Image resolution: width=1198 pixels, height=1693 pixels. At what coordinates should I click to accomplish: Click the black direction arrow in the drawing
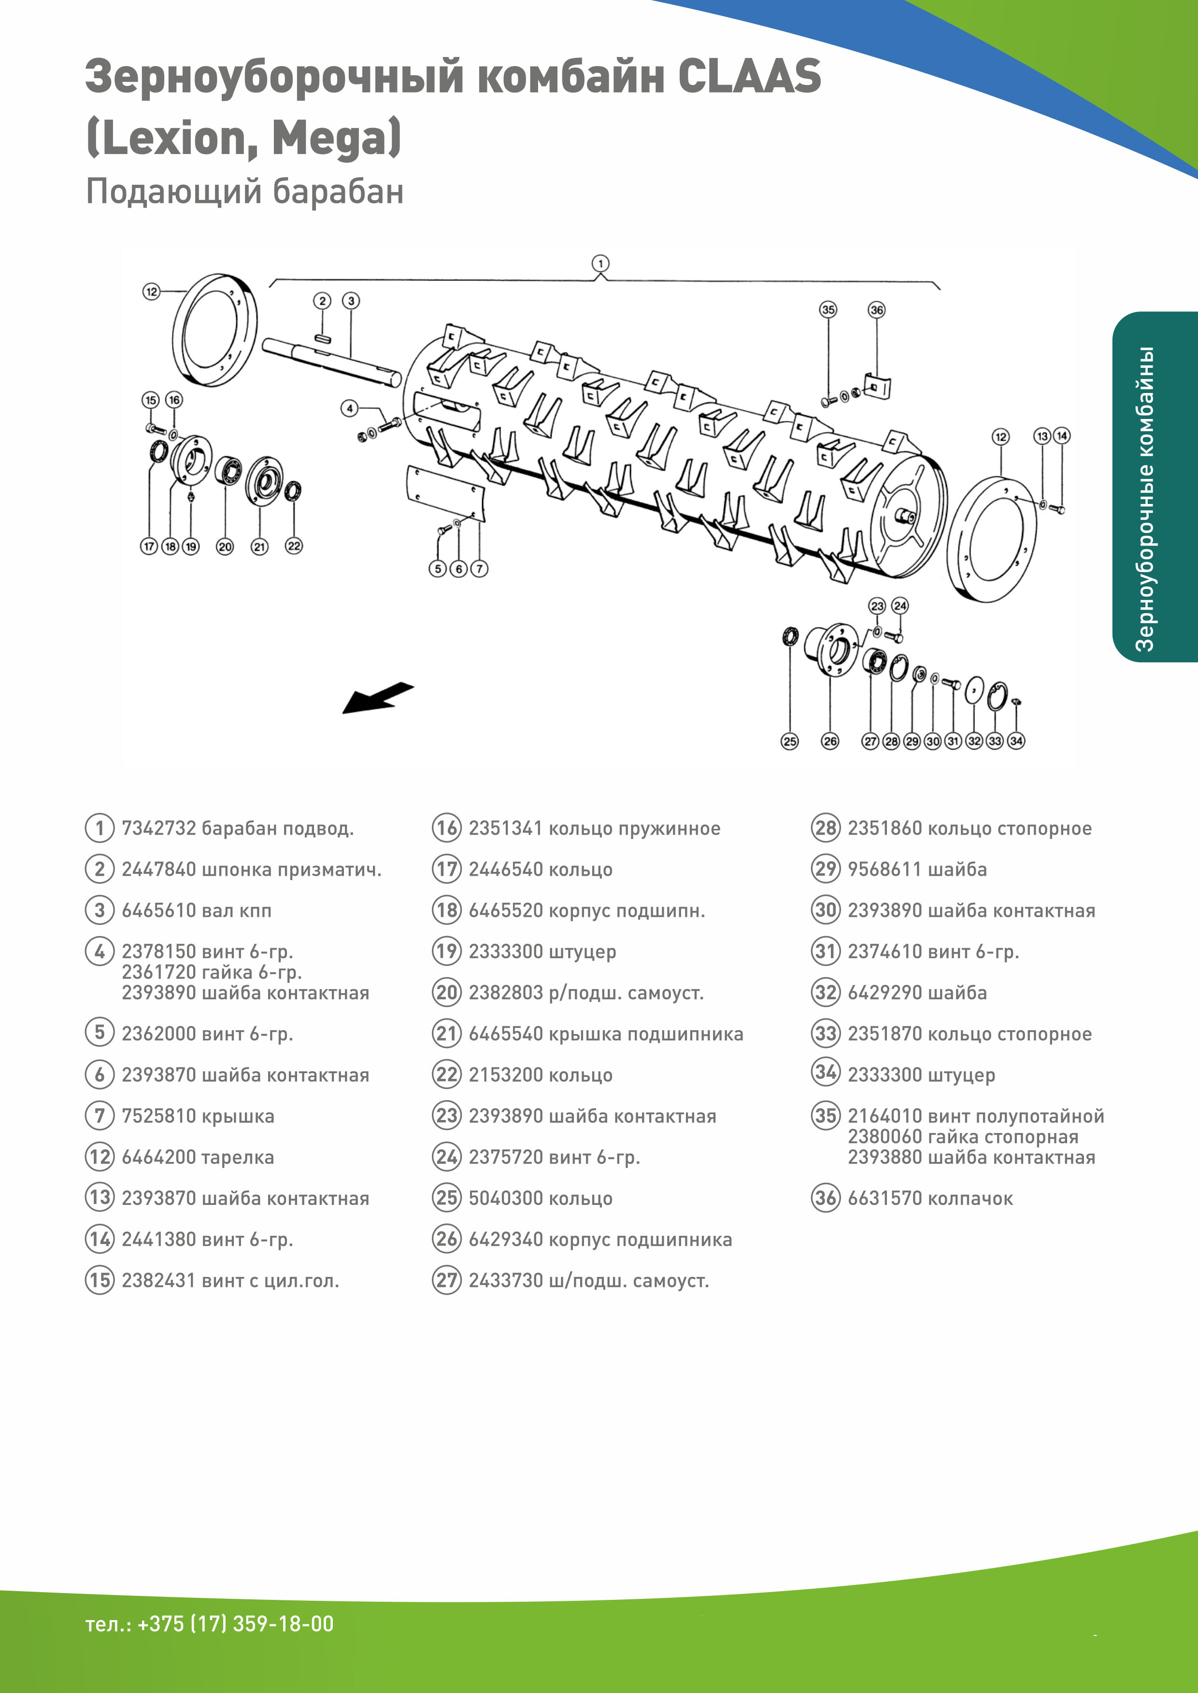tap(377, 698)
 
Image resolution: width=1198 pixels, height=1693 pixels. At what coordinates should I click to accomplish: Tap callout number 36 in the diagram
tap(876, 310)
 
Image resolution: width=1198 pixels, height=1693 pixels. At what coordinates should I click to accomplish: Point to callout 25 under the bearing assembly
tap(789, 741)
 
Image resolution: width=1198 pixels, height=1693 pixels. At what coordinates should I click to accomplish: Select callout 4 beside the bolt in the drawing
tap(350, 408)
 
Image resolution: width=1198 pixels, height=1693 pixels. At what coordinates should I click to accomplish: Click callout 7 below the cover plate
tap(480, 569)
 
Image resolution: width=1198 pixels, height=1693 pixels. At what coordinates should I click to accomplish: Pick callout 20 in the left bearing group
tap(225, 546)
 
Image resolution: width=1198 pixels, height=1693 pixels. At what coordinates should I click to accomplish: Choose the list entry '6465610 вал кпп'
tap(196, 910)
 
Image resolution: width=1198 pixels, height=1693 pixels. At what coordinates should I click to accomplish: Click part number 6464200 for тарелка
tap(158, 1157)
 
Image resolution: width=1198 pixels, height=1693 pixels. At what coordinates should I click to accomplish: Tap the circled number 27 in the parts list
tap(447, 1280)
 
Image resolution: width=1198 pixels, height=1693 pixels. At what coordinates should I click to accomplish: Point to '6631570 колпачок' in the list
tap(929, 1198)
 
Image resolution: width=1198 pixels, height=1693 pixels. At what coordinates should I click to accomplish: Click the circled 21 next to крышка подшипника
tap(447, 1034)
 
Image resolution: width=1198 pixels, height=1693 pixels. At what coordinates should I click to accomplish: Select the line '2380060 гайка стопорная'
tap(963, 1137)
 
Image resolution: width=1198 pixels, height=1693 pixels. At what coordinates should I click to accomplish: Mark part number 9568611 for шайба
tap(884, 869)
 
